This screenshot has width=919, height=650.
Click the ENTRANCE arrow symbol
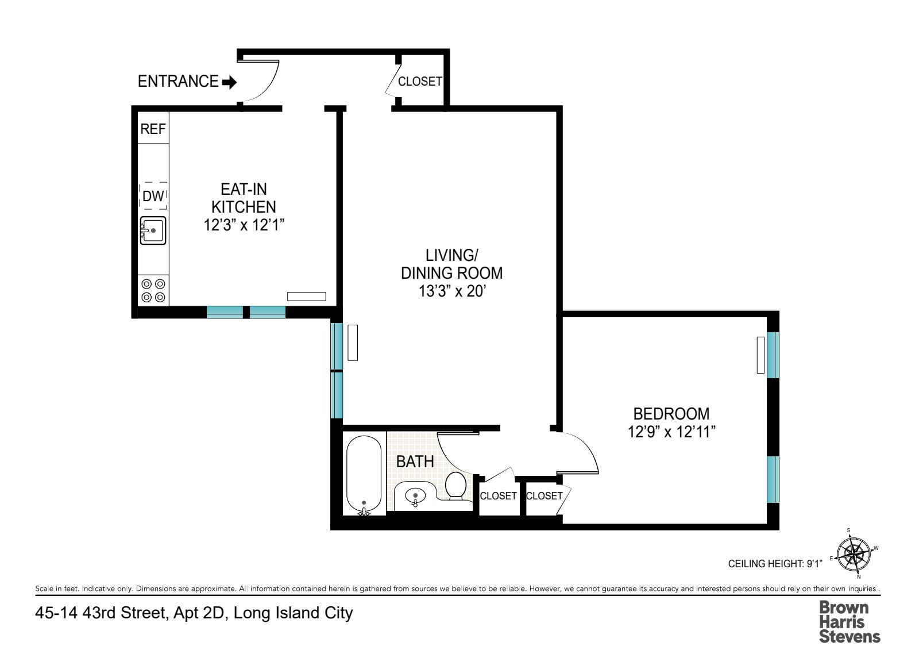coord(229,82)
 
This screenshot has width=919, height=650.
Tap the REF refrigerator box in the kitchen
coord(153,128)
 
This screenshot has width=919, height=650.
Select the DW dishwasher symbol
coord(153,196)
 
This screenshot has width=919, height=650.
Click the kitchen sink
coord(153,230)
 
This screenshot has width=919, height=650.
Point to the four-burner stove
coord(153,290)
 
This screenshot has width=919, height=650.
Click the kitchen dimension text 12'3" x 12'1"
coord(244,225)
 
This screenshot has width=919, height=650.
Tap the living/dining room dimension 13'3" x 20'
coord(453,291)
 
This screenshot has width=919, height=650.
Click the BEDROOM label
coord(671,413)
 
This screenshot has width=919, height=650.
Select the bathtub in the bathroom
coord(364,474)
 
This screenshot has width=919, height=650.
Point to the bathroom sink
coord(415,495)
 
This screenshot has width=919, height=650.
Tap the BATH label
coord(415,461)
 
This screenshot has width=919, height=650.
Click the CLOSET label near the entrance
coord(420,82)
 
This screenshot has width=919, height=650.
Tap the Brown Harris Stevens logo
coord(849,621)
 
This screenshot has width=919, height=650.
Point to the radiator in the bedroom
coord(760,355)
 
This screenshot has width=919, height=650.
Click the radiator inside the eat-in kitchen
coord(307,297)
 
